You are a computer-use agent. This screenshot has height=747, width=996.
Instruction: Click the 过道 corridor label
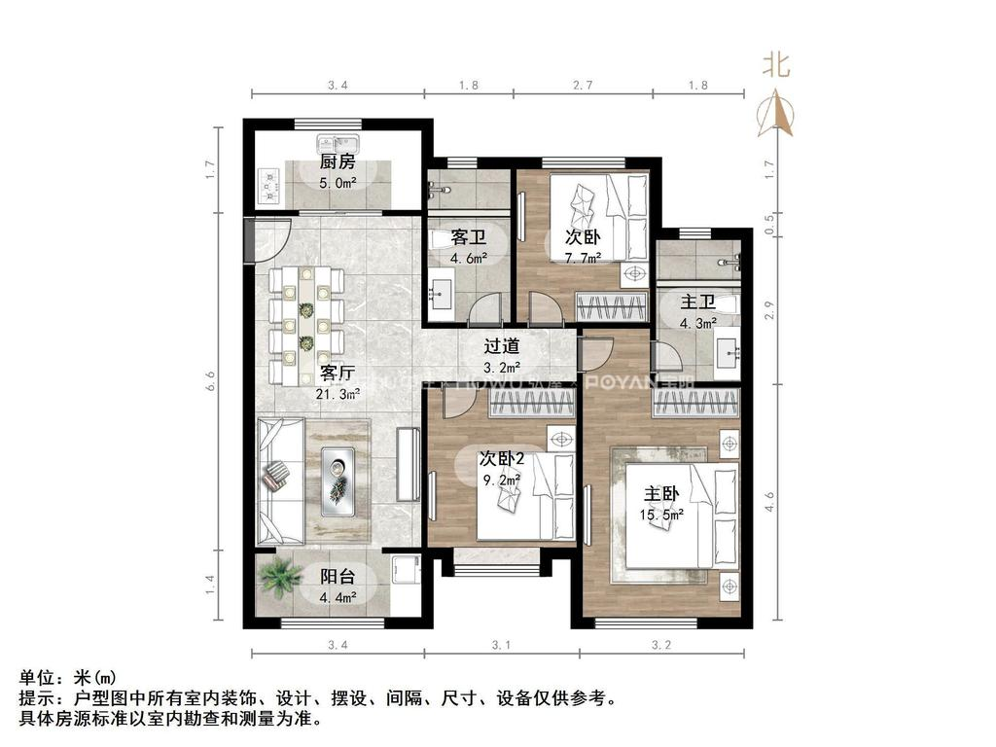502,346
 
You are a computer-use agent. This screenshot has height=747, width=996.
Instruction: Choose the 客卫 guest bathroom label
468,238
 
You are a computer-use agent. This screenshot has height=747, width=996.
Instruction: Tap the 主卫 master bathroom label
696,303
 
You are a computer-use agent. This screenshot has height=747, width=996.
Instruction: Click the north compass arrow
777,113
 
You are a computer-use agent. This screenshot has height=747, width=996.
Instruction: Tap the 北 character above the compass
775,65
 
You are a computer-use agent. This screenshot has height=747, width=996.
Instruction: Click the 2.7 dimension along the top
583,86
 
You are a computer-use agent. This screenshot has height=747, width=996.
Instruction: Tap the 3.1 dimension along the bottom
501,643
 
